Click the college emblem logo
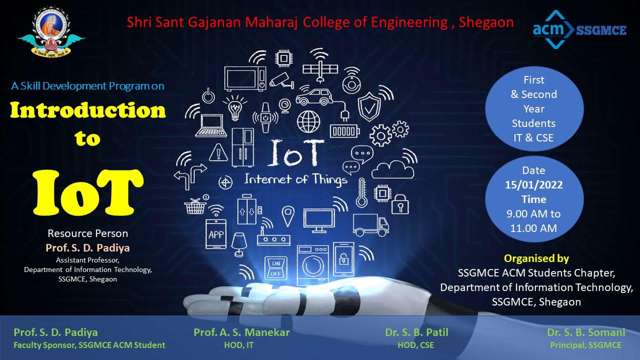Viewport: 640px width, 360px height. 51,31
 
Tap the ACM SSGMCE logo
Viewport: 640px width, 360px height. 579,29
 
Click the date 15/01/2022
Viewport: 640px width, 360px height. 533,185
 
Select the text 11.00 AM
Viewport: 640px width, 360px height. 533,228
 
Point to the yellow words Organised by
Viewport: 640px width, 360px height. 536,258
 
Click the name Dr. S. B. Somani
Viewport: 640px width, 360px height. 586,332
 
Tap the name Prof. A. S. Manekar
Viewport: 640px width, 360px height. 241,332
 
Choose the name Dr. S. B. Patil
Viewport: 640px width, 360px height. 416,332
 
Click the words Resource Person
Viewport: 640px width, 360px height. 87,233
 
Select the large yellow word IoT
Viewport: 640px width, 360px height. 87,192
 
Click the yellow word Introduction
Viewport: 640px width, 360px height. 87,110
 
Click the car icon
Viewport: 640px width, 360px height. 314,97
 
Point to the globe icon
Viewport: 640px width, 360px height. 308,121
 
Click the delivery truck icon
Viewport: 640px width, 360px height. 370,225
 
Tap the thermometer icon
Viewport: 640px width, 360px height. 361,193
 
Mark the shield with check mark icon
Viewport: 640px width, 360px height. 369,106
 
